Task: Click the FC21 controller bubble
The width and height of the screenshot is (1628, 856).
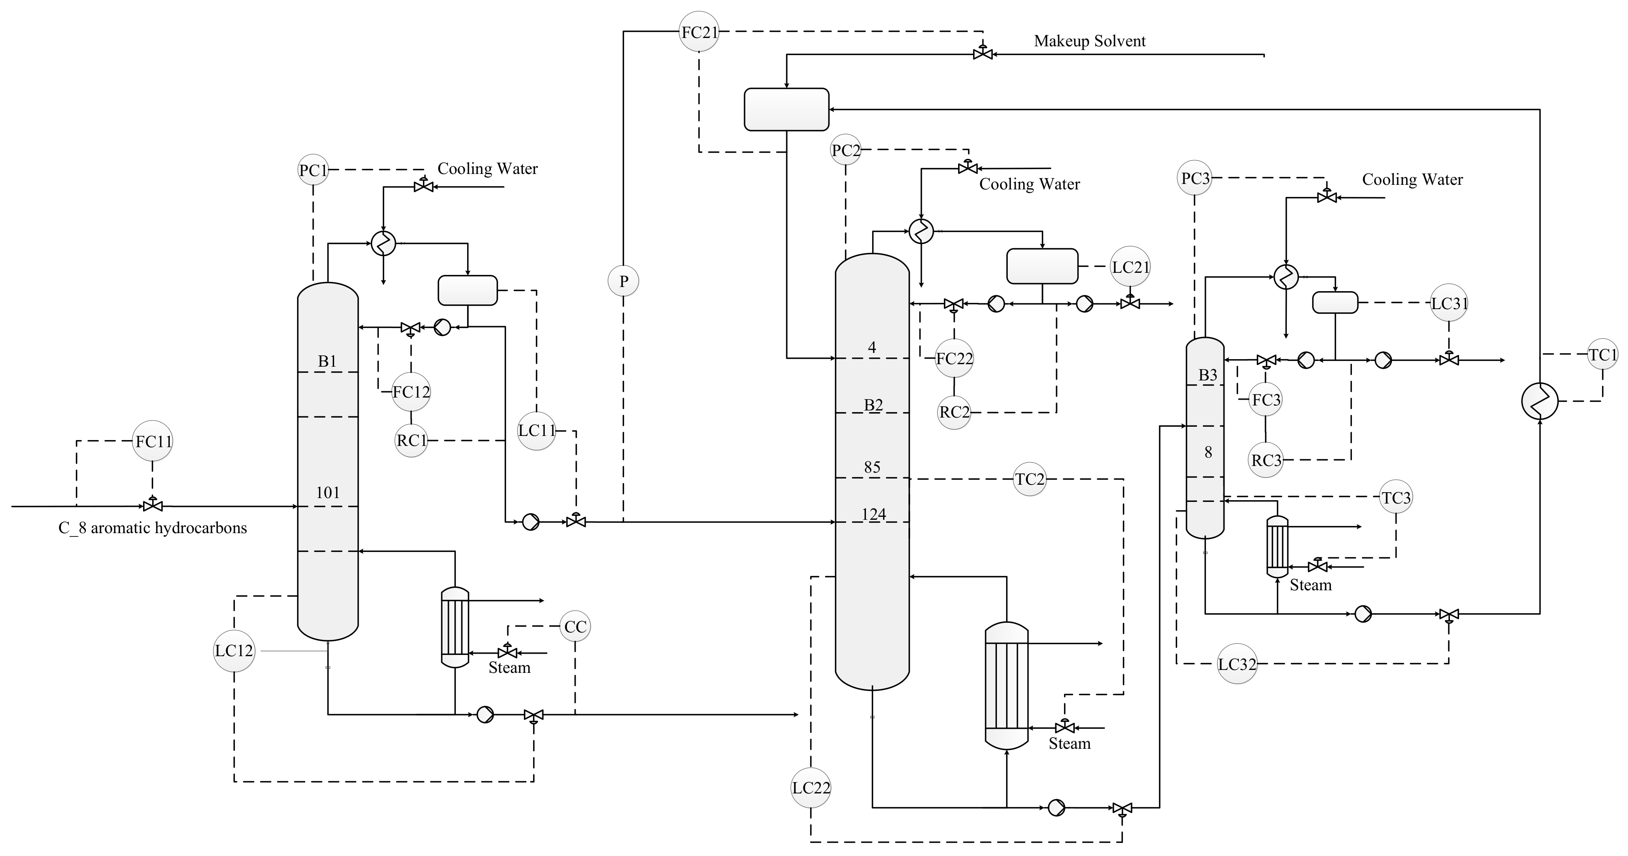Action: [699, 32]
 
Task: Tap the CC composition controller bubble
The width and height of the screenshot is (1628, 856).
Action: [575, 627]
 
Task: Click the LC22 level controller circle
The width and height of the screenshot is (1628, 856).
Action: [811, 788]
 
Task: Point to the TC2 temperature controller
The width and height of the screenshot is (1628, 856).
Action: [1029, 479]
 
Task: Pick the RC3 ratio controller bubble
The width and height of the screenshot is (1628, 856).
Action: [1266, 460]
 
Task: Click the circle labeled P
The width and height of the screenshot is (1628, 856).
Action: [623, 281]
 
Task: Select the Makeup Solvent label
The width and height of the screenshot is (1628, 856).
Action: [1090, 41]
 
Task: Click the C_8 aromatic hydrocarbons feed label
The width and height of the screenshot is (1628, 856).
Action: [152, 528]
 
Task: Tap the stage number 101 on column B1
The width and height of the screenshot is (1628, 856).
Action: [327, 493]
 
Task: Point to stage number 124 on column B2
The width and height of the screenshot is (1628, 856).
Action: [873, 514]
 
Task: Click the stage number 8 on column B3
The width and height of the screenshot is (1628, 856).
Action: [1208, 452]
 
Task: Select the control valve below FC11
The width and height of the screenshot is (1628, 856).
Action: [152, 505]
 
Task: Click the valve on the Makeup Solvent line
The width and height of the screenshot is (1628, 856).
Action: [983, 54]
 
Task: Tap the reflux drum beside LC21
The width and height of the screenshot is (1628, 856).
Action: [1042, 266]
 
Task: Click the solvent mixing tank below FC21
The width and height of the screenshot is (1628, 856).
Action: [786, 109]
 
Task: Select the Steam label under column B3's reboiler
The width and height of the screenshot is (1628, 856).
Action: [1310, 585]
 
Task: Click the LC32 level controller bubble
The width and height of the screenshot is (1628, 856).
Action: [1237, 664]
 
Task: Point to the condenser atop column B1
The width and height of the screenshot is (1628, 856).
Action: [383, 243]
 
